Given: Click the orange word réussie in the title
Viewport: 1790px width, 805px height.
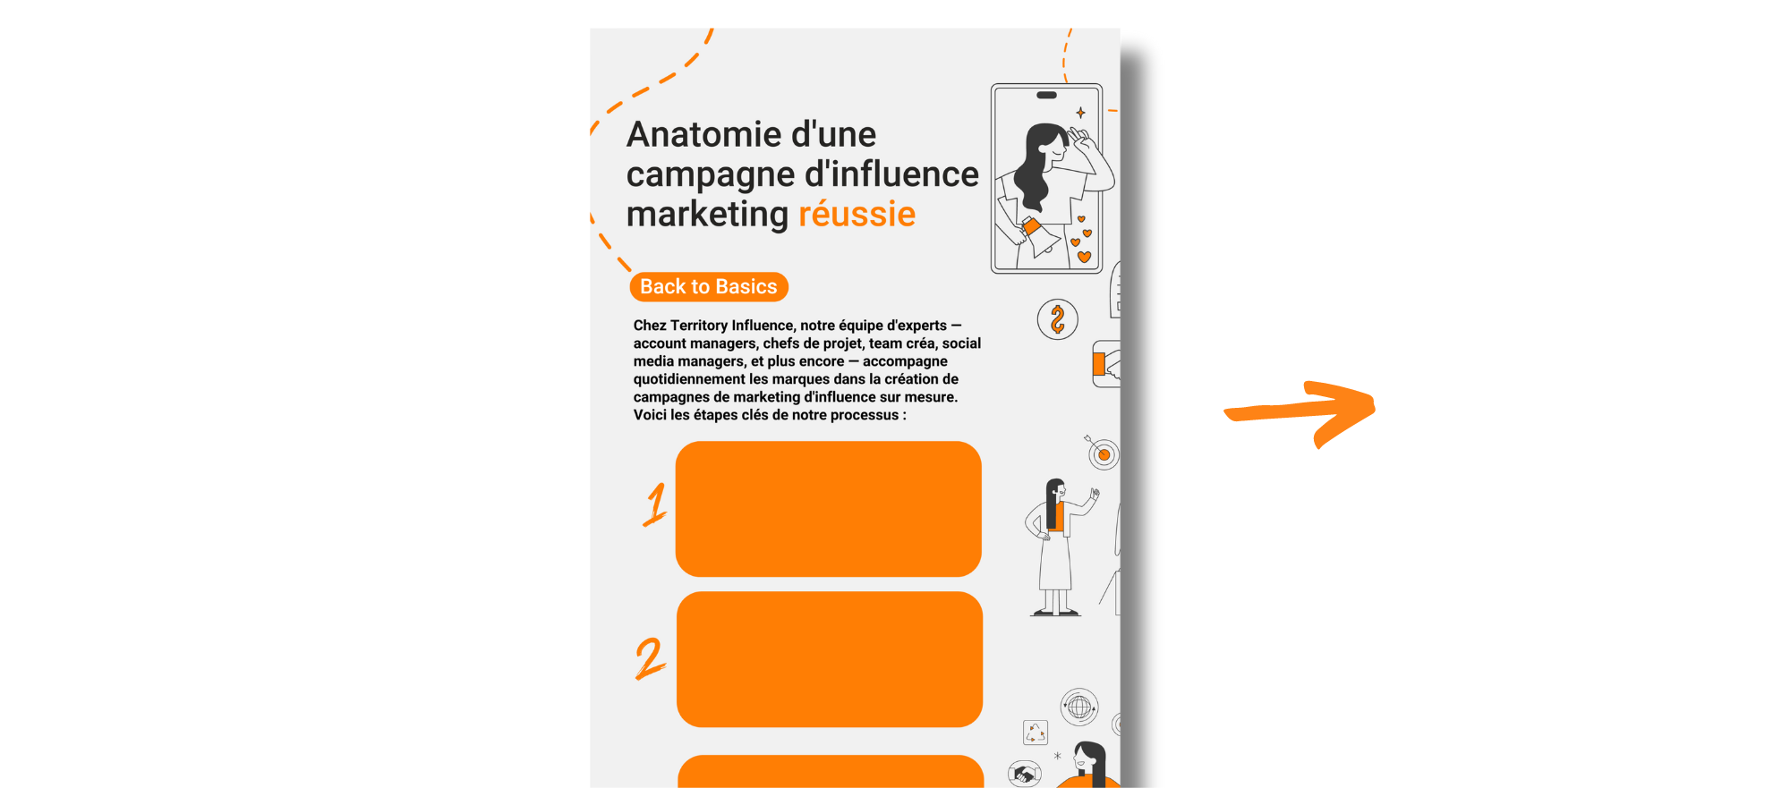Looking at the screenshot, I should tap(857, 215).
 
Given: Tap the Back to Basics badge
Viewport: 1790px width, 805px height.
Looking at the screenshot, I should tap(708, 287).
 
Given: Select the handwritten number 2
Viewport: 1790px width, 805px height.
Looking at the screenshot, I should tap(650, 658).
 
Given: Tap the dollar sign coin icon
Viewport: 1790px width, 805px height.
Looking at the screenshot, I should tap(1057, 319).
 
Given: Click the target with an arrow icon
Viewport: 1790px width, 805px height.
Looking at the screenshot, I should tap(1103, 453).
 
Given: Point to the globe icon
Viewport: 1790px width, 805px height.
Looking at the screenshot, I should tap(1079, 708).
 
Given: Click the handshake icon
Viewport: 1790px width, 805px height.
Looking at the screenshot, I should tap(1024, 774).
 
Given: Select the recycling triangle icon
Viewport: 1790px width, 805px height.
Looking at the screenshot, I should tap(1036, 733).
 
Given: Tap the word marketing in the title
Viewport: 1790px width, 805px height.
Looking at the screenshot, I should tap(707, 215).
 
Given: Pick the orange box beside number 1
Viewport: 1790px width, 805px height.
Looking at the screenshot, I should tap(828, 508).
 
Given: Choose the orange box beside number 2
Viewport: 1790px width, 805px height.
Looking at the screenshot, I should tap(829, 659).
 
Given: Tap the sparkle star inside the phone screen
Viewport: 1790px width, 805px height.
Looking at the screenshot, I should tap(1080, 113).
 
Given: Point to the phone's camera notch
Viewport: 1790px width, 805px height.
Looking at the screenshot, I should tap(1046, 95).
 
